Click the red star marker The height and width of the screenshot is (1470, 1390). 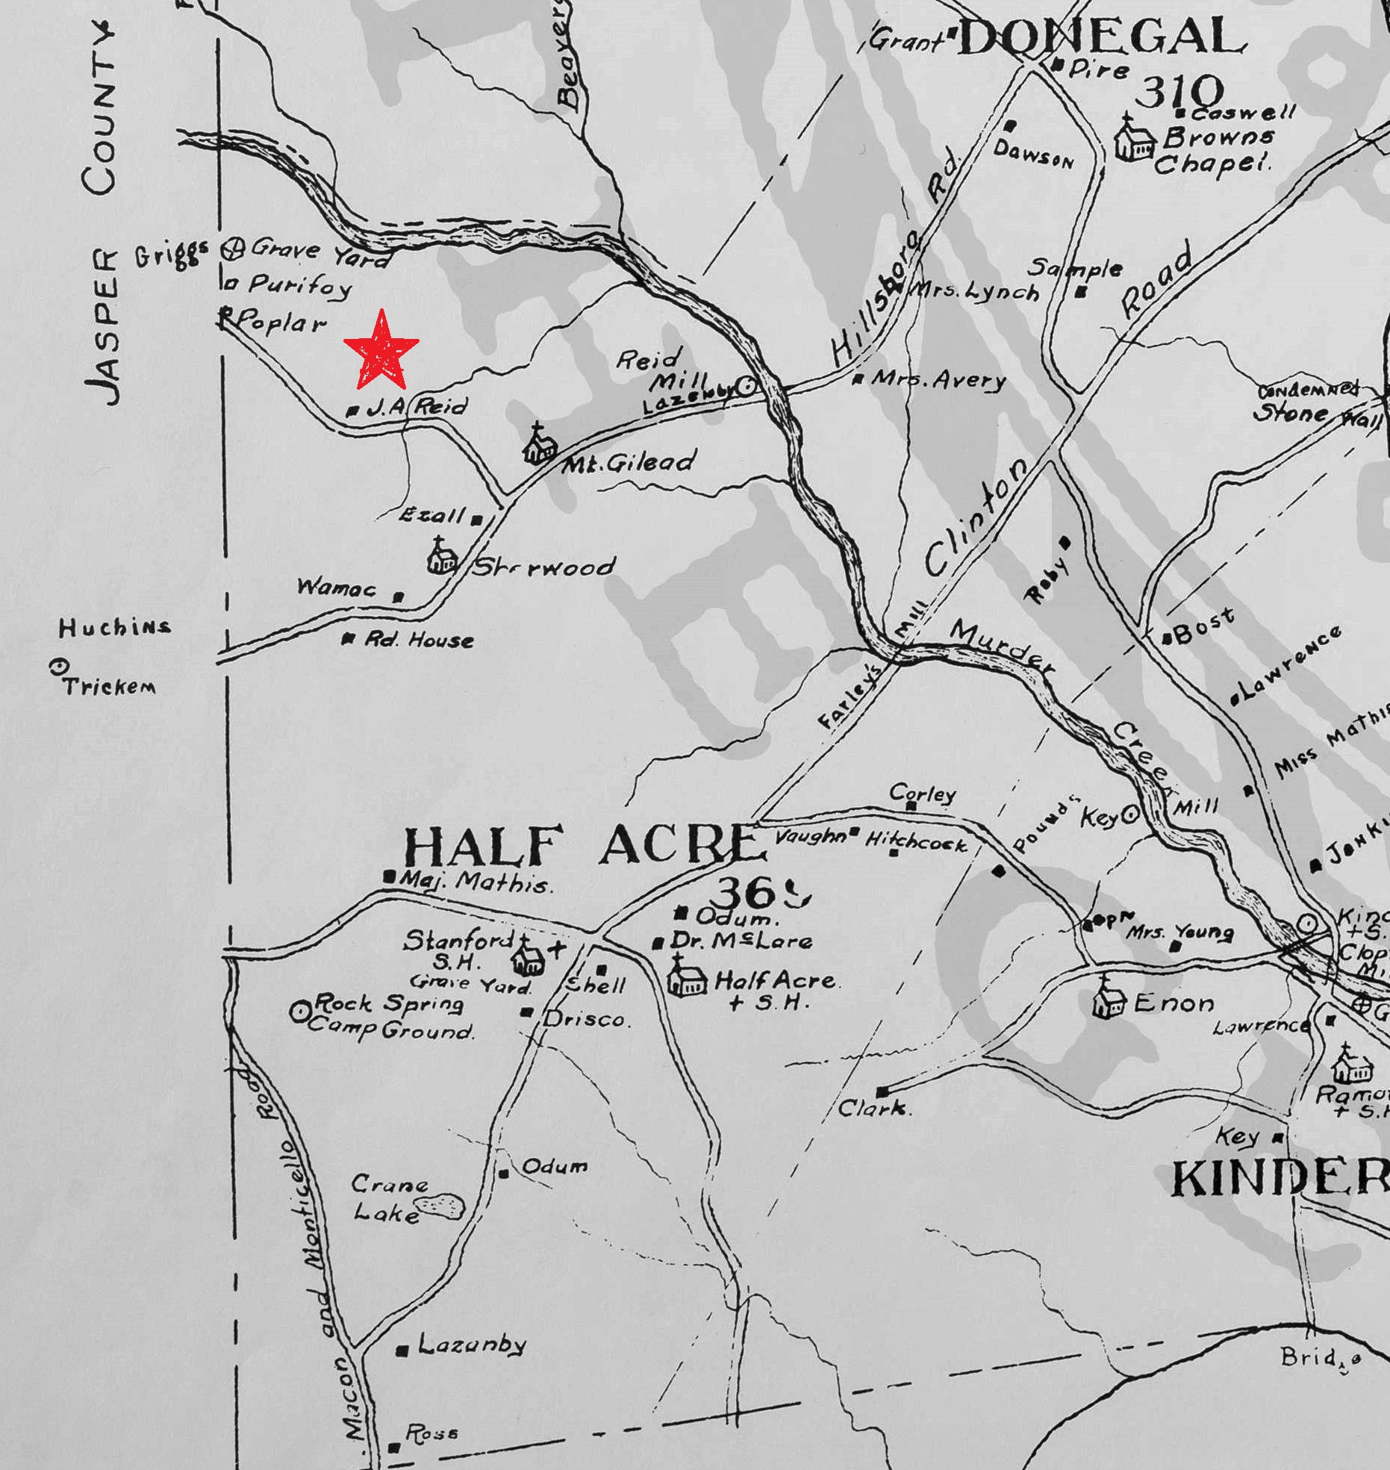(381, 351)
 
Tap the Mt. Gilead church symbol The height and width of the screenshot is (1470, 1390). (540, 444)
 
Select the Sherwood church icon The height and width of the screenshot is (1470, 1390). (441, 555)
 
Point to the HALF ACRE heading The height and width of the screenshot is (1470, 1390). (583, 847)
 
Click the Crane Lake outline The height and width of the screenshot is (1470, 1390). (440, 1205)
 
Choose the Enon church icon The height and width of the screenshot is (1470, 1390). (1109, 998)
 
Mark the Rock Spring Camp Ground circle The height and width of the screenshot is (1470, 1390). (301, 1012)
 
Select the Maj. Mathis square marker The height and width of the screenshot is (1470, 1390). (388, 878)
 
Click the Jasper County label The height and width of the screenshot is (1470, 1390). (102, 217)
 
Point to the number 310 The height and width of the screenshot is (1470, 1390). (1178, 93)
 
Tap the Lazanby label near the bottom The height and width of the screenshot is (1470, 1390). (472, 1345)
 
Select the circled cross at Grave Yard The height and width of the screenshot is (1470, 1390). (233, 248)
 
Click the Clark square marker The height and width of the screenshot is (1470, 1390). (883, 1090)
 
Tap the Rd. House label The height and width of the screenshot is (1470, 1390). (419, 640)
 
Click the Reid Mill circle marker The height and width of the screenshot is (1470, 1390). (746, 386)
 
